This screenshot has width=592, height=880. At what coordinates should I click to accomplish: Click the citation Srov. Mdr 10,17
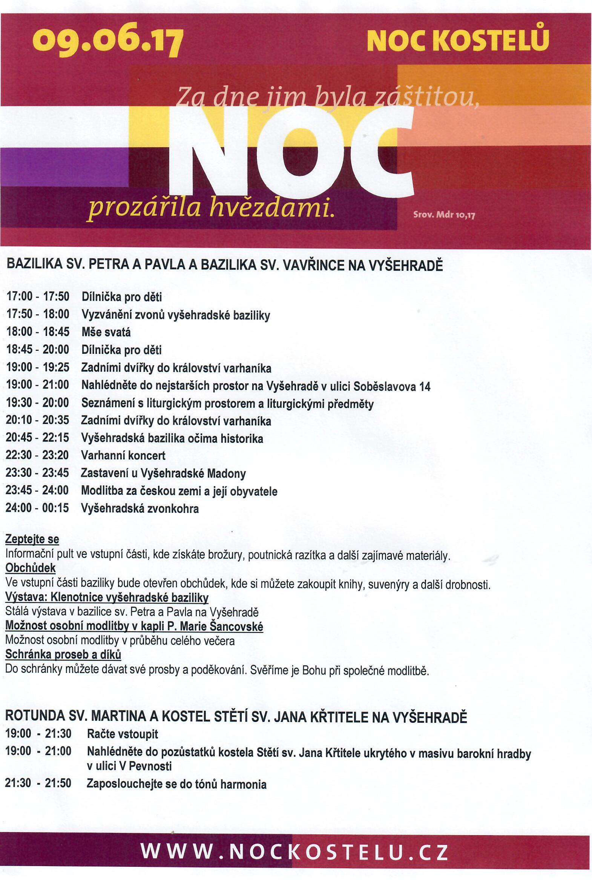point(444,215)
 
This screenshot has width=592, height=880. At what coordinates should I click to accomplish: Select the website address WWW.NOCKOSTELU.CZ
point(294,852)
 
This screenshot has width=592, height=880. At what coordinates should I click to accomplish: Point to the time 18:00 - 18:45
point(38,332)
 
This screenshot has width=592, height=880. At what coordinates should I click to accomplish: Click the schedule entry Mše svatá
point(106,332)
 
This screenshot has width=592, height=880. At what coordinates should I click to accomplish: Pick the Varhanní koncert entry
point(123,456)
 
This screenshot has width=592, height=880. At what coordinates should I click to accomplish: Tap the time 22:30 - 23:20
point(37,455)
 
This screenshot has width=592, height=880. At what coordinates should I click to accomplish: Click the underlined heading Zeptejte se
point(32,539)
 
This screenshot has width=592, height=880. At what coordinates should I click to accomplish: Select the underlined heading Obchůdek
point(30,568)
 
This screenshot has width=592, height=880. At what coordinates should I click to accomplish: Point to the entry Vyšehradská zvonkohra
point(140,508)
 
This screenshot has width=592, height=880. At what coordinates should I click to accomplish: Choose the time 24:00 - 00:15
point(37,508)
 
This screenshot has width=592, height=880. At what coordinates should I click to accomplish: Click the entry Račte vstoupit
point(122,734)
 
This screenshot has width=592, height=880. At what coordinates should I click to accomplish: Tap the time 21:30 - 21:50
point(38,783)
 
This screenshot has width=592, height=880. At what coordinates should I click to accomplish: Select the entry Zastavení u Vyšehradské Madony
point(163,473)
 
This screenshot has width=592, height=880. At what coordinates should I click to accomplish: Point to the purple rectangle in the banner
point(64,167)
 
